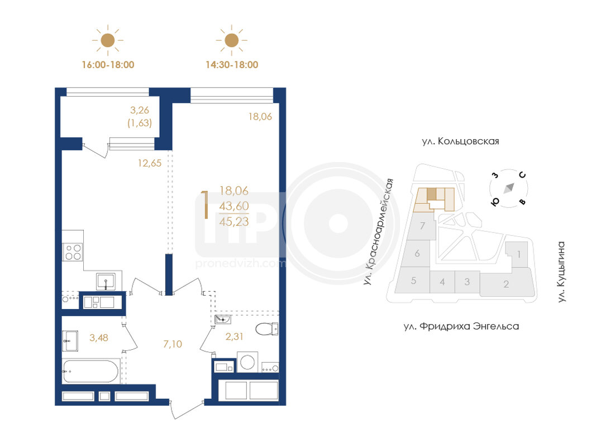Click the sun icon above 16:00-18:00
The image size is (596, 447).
[108, 40]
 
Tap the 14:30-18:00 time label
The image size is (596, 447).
[232, 65]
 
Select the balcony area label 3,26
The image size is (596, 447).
[140, 110]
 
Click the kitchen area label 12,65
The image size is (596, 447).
[149, 163]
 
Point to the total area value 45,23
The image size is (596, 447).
[234, 222]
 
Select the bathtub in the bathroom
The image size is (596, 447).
[90, 372]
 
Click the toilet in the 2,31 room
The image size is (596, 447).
[266, 329]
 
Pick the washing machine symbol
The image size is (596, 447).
[247, 362]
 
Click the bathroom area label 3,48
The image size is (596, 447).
[99, 337]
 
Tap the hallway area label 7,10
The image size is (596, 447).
[173, 344]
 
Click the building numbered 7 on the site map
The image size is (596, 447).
[422, 226]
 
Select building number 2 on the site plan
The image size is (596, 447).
[506, 284]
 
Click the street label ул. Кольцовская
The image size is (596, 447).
[460, 141]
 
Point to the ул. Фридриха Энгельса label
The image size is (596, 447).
[461, 326]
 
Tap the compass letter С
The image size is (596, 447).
[523, 174]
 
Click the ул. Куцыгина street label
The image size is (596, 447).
[561, 272]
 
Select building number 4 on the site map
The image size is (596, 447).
[442, 282]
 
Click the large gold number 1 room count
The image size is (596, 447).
[206, 205]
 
